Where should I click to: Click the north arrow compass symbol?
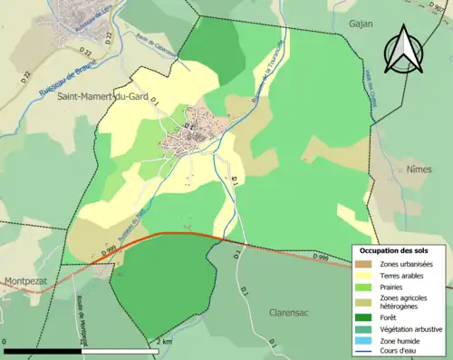coord(405,50)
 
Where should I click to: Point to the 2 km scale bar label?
coord(163,341)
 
